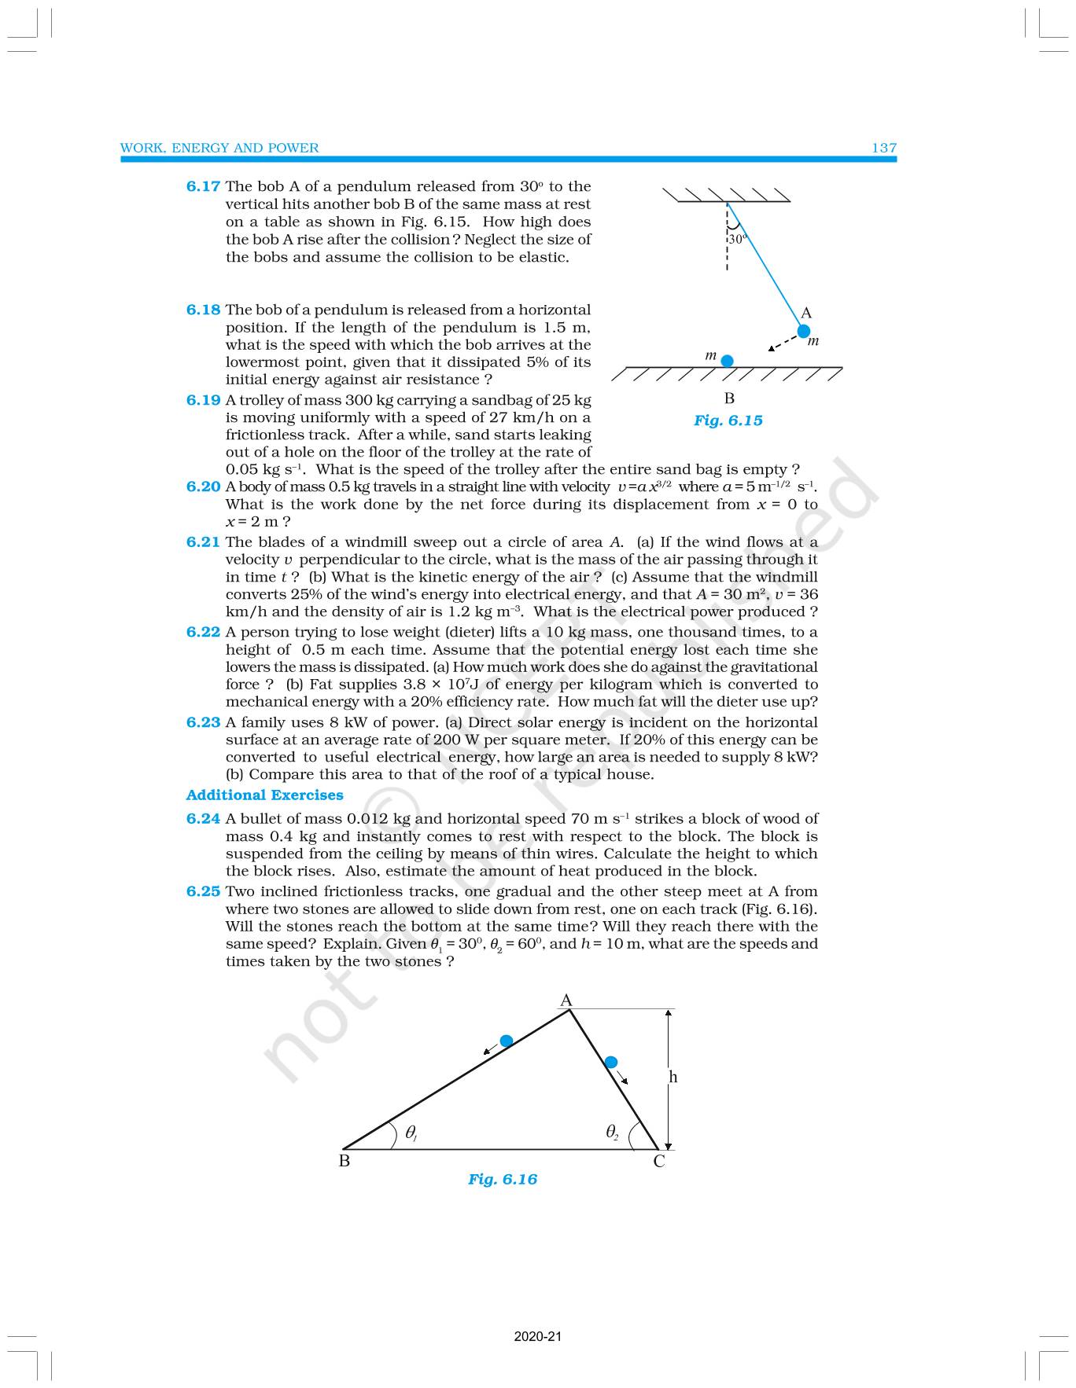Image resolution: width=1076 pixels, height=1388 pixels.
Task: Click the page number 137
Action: [884, 148]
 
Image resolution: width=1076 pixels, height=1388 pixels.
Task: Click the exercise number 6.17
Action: [203, 186]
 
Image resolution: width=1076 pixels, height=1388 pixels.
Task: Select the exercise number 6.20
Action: [203, 487]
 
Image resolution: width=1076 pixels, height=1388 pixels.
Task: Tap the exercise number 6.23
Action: [203, 722]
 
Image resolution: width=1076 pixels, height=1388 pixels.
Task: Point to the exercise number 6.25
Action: [203, 891]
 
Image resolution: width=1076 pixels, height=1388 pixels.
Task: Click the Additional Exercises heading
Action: [264, 795]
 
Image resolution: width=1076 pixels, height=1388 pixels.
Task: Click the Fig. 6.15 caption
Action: [728, 420]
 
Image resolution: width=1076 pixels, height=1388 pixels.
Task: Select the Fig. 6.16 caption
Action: [502, 1179]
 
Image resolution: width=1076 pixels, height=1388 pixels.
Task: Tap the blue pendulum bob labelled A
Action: [803, 331]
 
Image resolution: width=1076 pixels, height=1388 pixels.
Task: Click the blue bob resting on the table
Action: [728, 361]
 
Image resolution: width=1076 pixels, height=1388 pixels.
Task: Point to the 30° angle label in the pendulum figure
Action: [736, 239]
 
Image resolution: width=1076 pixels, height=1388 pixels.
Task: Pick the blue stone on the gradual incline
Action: [507, 1041]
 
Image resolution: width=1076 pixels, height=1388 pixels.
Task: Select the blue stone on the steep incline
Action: [610, 1063]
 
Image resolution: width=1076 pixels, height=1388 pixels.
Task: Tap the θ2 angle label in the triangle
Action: [612, 1132]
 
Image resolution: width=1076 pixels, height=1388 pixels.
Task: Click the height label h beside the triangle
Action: [672, 1077]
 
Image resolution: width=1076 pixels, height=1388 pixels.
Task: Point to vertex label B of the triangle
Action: [344, 1161]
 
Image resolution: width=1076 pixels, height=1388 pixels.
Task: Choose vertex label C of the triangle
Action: [659, 1162]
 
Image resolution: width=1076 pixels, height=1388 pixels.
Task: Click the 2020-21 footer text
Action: [538, 1336]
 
